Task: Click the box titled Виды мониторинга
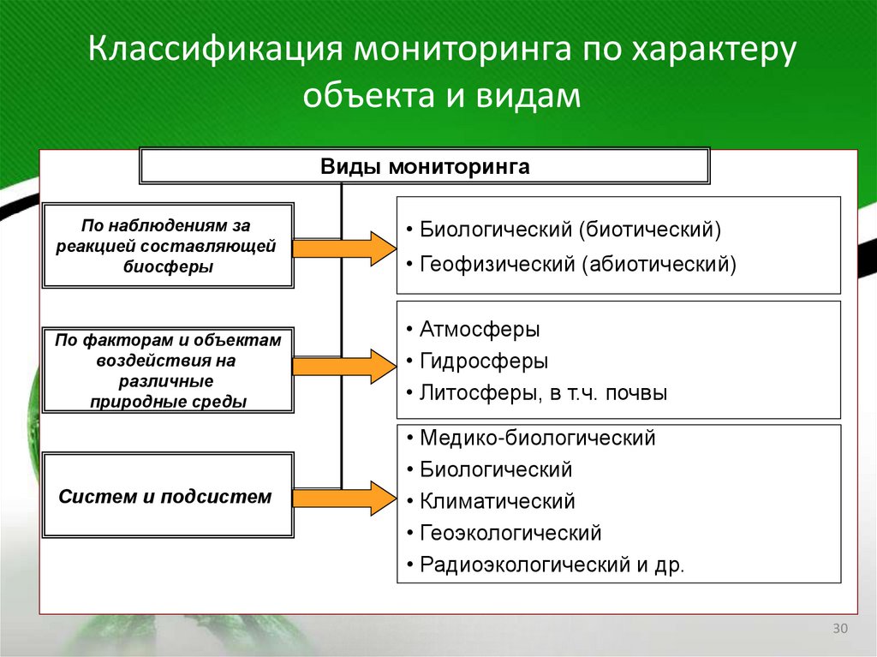coord(425,166)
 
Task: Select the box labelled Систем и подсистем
coord(168,496)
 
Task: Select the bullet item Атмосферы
coord(479,330)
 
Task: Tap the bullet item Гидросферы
coord(483,361)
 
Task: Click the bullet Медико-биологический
coord(537,438)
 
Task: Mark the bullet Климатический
coord(497,501)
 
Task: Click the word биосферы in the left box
coord(168,266)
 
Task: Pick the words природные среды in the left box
coord(168,401)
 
